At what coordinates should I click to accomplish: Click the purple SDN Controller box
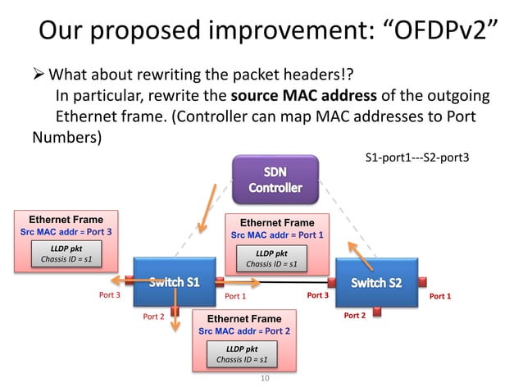click(x=275, y=180)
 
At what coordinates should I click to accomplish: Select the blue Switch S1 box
click(x=174, y=282)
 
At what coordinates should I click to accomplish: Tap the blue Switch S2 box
click(x=376, y=282)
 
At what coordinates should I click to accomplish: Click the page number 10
click(x=264, y=378)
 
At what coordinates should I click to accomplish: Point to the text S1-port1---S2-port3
click(x=416, y=156)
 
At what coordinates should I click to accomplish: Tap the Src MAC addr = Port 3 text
click(x=66, y=232)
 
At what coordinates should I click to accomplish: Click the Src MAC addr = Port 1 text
click(x=277, y=235)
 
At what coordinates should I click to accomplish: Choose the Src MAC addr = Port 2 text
click(x=244, y=330)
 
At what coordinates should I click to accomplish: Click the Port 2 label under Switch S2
click(x=354, y=316)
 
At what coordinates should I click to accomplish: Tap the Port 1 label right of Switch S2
click(x=439, y=296)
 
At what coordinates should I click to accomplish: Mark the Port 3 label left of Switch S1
click(x=110, y=296)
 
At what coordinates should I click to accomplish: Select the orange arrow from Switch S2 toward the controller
click(x=359, y=254)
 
